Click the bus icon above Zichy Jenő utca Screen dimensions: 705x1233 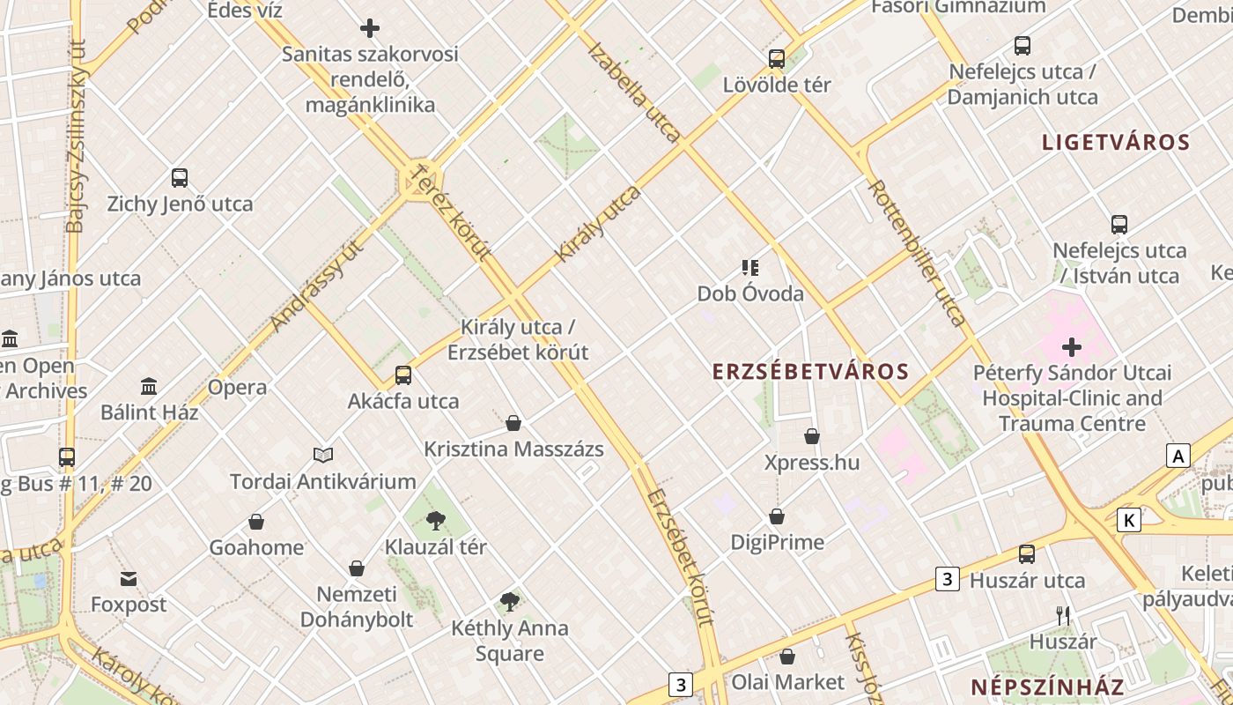click(180, 178)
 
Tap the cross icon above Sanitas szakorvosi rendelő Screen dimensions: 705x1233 click(370, 28)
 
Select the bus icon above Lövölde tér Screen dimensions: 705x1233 click(776, 59)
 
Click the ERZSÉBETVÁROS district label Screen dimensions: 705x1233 click(810, 372)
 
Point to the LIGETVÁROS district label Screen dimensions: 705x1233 click(1116, 143)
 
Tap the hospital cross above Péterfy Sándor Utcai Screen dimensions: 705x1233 click(1072, 346)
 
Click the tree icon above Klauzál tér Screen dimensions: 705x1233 click(435, 521)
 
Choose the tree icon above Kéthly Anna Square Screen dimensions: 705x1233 click(509, 602)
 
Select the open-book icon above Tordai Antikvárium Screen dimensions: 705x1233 click(323, 456)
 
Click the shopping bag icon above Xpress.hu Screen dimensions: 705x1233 click(812, 436)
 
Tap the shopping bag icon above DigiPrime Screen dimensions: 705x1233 click(777, 516)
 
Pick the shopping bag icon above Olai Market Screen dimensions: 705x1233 click(787, 657)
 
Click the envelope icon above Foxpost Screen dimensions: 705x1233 click(129, 579)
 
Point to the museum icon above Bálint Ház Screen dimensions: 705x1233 click(149, 386)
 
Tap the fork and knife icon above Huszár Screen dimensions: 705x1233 click(1063, 615)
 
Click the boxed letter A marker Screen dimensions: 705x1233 click(1178, 456)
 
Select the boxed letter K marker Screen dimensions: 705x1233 click(1128, 520)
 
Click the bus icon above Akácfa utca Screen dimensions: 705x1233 click(403, 375)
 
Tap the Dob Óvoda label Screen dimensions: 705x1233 click(750, 293)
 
